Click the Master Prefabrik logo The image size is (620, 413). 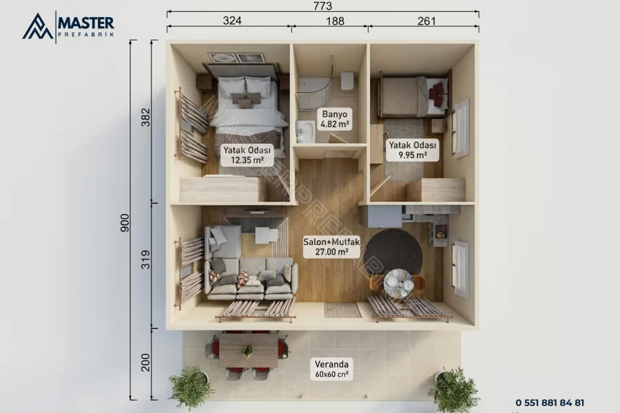tap(68, 26)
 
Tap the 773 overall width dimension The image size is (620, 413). tap(322, 6)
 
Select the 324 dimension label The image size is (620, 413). tap(232, 21)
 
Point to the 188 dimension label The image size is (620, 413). tap(335, 21)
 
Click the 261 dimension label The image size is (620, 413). tap(426, 21)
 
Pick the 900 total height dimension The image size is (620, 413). tap(125, 222)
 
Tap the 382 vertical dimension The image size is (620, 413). tap(146, 118)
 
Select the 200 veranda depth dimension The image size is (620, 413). tap(146, 363)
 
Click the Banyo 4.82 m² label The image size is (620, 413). tap(335, 119)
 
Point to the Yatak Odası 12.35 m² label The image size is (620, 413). tap(247, 155)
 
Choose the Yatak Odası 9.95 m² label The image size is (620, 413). tap(413, 150)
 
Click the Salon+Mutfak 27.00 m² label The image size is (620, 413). tap(331, 246)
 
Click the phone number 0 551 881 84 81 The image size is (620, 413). tap(550, 402)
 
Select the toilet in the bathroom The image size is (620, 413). tap(347, 81)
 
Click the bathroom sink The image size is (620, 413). tap(306, 131)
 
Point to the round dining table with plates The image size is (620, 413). tap(398, 283)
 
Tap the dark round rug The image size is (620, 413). tap(393, 253)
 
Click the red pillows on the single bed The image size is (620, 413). tap(437, 94)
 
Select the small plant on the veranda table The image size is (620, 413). tap(247, 350)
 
